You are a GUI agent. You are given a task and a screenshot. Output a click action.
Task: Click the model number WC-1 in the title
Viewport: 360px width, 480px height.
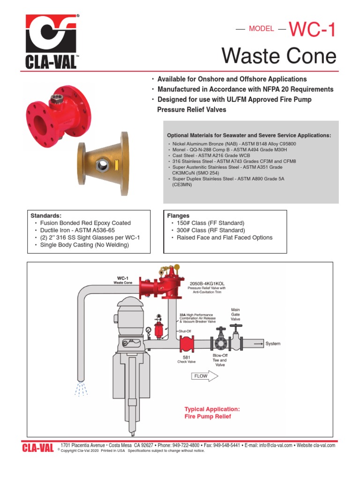(312, 30)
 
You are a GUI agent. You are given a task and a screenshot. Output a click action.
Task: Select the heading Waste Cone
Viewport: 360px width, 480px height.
(279, 57)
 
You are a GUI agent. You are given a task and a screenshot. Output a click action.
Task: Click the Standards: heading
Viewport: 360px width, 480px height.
(46, 216)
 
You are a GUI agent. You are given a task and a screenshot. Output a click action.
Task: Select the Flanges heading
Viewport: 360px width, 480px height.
(178, 216)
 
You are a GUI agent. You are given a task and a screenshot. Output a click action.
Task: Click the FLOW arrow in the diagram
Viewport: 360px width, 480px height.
(204, 375)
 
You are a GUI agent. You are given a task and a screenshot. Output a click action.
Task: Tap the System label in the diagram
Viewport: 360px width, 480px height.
(273, 344)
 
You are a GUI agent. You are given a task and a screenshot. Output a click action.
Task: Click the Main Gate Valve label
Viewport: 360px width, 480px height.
(235, 314)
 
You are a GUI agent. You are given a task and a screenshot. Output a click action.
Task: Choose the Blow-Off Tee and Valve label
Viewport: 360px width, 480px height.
(220, 360)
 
